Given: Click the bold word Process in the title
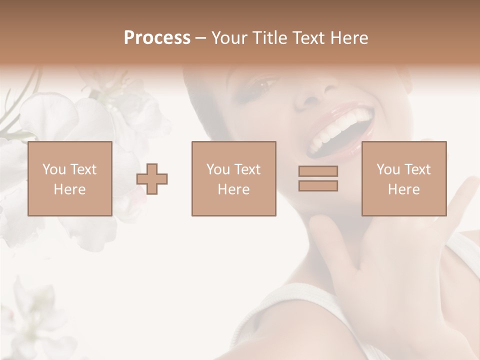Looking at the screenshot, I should coord(157,38).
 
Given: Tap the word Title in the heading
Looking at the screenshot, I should coord(270,38).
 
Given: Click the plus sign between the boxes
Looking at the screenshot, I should coord(152,179).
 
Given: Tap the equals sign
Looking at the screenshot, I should coord(318,178).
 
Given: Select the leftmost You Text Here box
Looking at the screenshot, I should coord(69,178).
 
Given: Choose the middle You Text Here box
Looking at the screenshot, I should coord(233,178).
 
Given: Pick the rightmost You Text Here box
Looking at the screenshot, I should coord(403,178).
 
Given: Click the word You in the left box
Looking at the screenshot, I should coord(54,169).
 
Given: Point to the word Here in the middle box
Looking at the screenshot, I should coord(233,189).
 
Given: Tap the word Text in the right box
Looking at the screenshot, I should coord(418,169).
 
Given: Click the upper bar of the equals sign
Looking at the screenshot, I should coord(318,171).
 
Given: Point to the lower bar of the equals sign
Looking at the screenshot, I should coord(318,185).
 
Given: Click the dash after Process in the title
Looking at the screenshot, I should coord(200,38).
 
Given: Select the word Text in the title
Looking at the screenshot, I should coord(310,38).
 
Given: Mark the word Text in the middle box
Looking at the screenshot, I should coord(248,169).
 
